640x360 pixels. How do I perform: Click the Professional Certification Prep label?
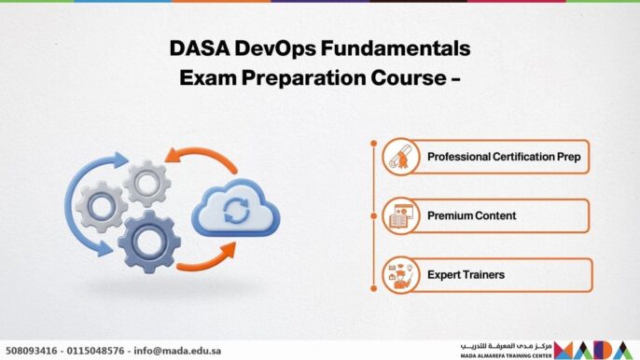pos(503,157)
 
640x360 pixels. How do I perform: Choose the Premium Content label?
pos(471,215)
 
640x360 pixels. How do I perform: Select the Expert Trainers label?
pos(466,275)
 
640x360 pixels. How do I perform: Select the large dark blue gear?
pos(148,241)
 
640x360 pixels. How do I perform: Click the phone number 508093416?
pos(32,351)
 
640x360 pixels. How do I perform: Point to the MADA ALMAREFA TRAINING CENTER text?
pos(505,355)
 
